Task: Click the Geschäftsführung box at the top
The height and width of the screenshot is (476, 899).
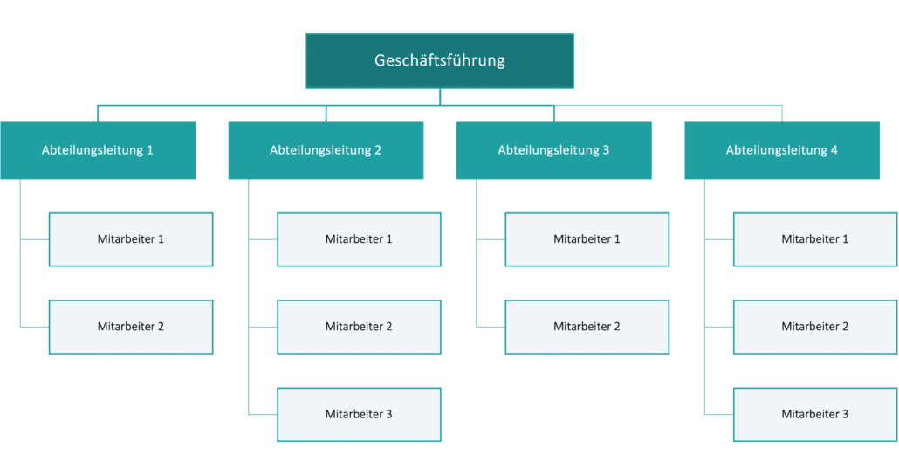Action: click(x=440, y=61)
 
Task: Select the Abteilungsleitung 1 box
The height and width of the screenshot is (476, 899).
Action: click(x=98, y=150)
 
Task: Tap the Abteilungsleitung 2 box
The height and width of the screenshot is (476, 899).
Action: click(x=326, y=150)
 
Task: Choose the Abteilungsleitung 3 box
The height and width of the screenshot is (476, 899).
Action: click(x=553, y=150)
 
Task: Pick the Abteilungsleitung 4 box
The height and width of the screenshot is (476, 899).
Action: click(x=782, y=150)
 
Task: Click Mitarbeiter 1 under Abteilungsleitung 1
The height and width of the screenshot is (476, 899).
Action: click(x=131, y=239)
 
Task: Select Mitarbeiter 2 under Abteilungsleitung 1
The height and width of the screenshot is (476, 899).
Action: click(x=131, y=327)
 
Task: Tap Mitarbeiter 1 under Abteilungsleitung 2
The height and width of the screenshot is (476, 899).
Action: click(x=359, y=239)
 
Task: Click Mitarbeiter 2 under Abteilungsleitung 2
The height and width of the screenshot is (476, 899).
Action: click(x=359, y=327)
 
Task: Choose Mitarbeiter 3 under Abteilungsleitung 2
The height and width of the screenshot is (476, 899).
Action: click(x=359, y=414)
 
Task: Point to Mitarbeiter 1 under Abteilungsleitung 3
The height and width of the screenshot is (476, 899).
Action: click(x=587, y=239)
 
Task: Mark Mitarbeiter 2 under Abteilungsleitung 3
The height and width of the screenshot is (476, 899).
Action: click(x=587, y=327)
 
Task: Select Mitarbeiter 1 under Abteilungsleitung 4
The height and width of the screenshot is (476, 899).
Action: click(x=815, y=239)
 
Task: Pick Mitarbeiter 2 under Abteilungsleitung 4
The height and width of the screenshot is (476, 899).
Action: click(x=815, y=327)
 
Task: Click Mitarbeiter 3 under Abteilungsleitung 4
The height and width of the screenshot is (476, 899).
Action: click(x=815, y=414)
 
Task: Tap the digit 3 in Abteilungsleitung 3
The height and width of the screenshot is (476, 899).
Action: click(x=606, y=150)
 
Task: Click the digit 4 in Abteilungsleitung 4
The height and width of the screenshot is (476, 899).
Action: click(x=834, y=150)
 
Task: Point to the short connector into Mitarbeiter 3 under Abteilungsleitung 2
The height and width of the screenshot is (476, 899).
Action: click(x=263, y=414)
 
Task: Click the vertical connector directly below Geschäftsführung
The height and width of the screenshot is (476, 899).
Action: click(x=440, y=97)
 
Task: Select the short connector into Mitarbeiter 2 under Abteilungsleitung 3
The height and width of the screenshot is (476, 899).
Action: click(x=491, y=327)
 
